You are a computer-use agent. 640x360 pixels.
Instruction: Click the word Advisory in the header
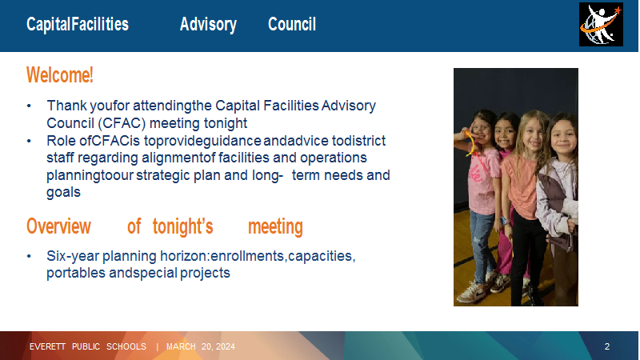(x=208, y=25)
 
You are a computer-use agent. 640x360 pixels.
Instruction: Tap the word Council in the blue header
(x=292, y=25)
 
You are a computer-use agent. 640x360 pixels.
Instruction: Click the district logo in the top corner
(x=601, y=25)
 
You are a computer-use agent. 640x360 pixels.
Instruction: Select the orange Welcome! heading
(x=59, y=75)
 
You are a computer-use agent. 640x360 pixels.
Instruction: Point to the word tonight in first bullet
(x=226, y=123)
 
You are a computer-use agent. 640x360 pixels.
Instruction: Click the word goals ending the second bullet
(x=63, y=193)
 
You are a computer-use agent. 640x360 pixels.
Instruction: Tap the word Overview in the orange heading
(x=58, y=226)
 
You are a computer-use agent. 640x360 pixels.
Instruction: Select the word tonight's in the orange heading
(x=182, y=227)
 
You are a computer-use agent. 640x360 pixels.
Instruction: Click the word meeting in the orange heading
(x=275, y=227)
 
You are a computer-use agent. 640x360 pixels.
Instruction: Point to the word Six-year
(x=73, y=256)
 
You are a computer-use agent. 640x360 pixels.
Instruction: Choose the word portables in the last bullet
(x=76, y=273)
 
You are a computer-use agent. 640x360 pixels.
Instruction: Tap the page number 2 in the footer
(x=607, y=346)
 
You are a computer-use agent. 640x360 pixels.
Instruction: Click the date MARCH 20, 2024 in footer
(x=201, y=346)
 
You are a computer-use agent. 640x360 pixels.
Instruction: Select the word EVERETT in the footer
(x=47, y=346)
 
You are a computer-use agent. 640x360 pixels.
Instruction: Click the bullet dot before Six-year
(x=29, y=256)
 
